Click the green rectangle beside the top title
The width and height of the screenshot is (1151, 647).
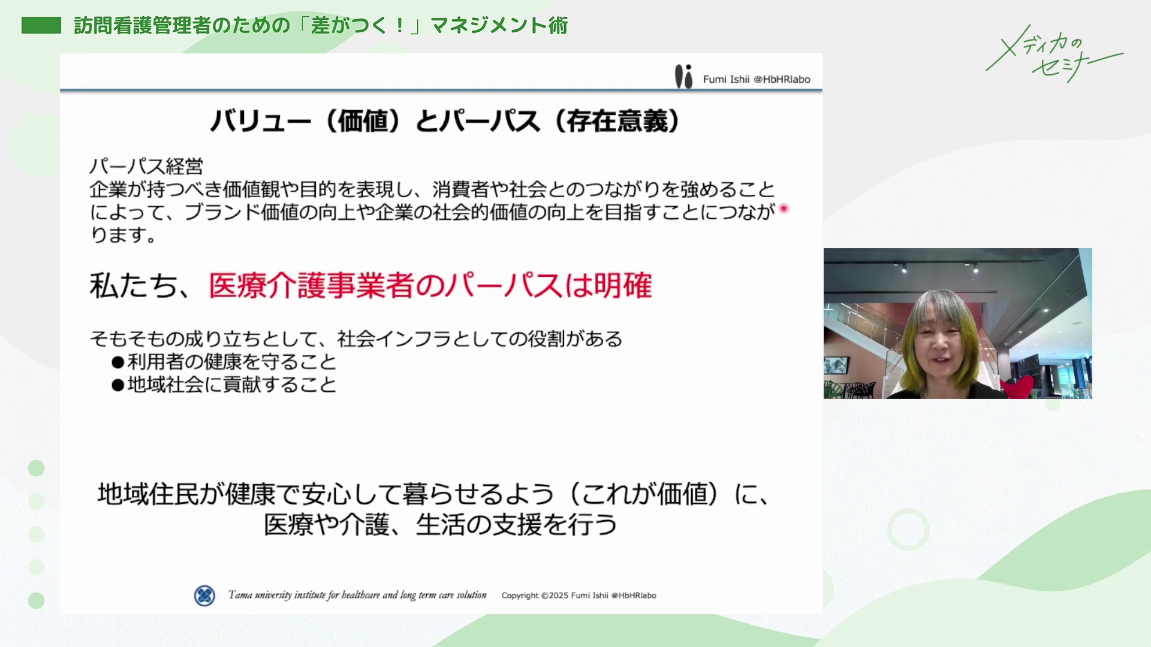click(41, 25)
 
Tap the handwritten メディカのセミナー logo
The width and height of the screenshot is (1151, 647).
click(1054, 54)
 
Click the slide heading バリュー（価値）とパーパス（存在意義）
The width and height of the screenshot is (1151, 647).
click(445, 122)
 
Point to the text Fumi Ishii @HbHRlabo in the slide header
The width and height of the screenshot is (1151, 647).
click(757, 79)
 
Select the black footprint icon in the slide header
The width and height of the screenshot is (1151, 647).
click(683, 77)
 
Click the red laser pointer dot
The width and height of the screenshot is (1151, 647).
click(784, 208)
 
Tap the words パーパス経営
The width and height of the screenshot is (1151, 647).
click(146, 166)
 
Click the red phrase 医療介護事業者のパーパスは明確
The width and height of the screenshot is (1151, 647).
click(430, 285)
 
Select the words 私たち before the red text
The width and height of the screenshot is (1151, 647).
click(134, 286)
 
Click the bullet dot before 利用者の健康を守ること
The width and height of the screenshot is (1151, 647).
click(117, 362)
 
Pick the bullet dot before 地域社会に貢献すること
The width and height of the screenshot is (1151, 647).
click(117, 385)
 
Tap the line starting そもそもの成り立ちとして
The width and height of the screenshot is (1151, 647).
click(356, 339)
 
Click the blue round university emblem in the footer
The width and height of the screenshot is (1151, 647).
click(204, 595)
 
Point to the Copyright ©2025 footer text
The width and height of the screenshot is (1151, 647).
click(579, 595)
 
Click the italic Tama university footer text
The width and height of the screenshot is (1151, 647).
click(357, 595)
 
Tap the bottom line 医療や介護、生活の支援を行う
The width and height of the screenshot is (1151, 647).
click(441, 525)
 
